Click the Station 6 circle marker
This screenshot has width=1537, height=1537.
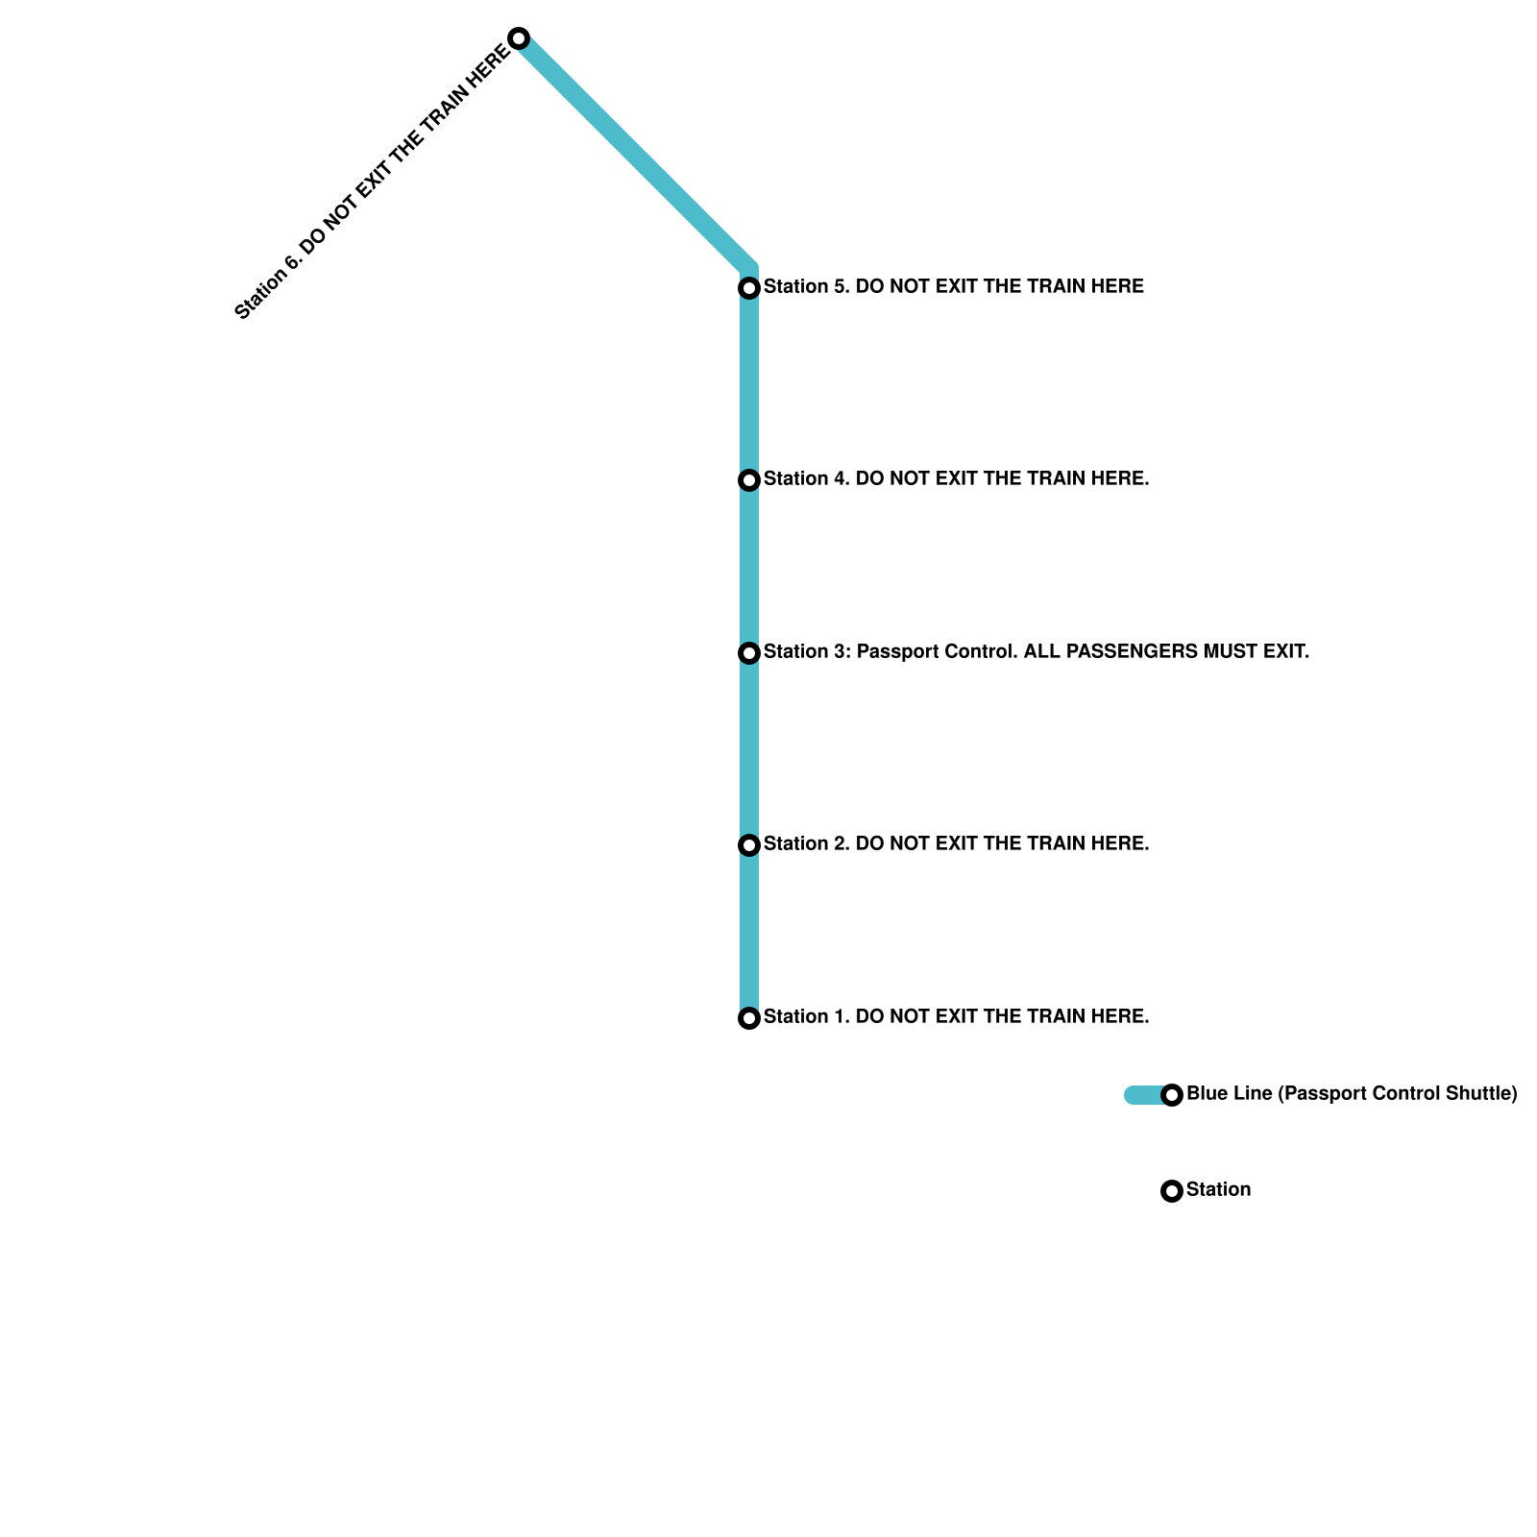pyautogui.click(x=519, y=38)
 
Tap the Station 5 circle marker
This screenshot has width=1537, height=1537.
pyautogui.click(x=749, y=288)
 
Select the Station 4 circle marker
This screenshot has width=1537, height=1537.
pyautogui.click(x=749, y=480)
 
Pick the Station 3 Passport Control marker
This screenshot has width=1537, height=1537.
pyautogui.click(x=749, y=653)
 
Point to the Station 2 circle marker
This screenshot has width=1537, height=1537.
pyautogui.click(x=749, y=845)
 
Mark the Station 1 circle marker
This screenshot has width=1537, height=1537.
pyautogui.click(x=749, y=1018)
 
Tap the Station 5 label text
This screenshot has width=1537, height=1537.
pyautogui.click(x=953, y=287)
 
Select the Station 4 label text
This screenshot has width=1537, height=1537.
pyautogui.click(x=956, y=479)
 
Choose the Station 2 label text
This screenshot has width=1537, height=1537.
pyautogui.click(x=956, y=844)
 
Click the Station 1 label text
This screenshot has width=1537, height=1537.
pyautogui.click(x=956, y=1017)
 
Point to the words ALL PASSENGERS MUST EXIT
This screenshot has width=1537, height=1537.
pyautogui.click(x=1166, y=652)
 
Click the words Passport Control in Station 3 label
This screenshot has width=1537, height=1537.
pyautogui.click(x=937, y=652)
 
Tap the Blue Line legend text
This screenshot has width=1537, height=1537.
pyautogui.click(x=1351, y=1094)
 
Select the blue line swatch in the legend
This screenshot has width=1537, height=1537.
pyautogui.click(x=1143, y=1095)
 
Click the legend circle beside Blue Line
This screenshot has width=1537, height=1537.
pyautogui.click(x=1172, y=1095)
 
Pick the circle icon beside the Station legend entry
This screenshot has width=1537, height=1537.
pyautogui.click(x=1172, y=1191)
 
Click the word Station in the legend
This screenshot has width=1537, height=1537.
pyautogui.click(x=1218, y=1190)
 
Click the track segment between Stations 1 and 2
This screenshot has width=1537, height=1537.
pyautogui.click(x=749, y=932)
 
